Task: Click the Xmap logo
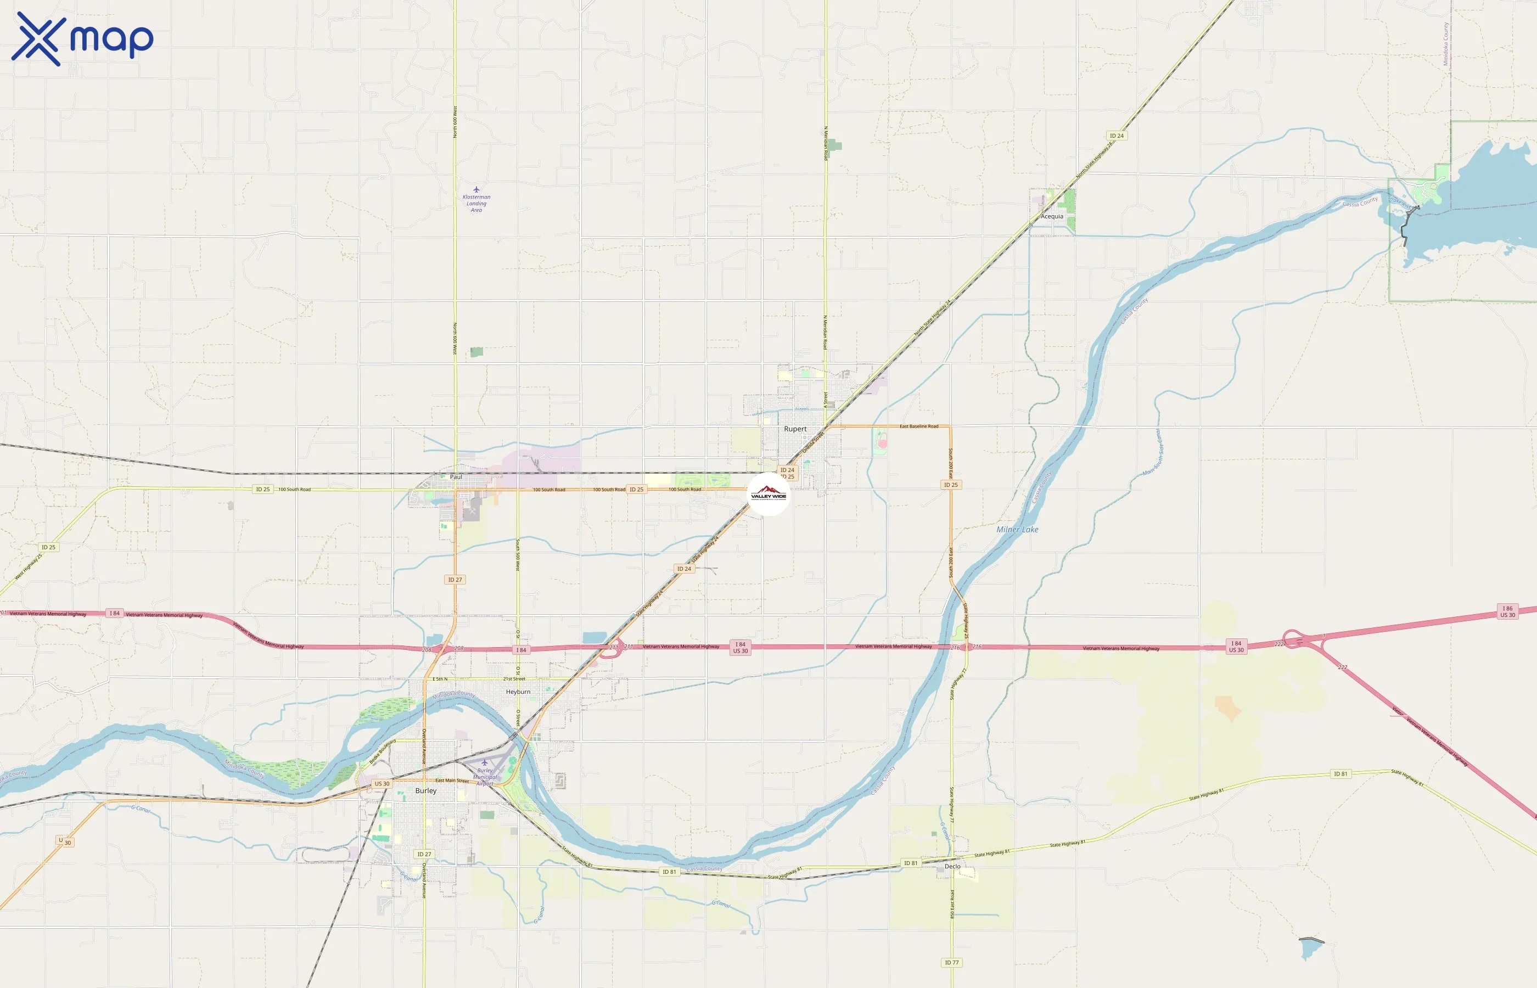(82, 39)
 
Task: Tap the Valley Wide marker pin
(768, 495)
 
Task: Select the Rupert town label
(795, 429)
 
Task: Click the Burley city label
(425, 790)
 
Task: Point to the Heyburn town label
(518, 692)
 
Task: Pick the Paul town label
(456, 476)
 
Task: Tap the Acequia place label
(1051, 216)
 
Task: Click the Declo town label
(952, 866)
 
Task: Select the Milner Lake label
(1017, 529)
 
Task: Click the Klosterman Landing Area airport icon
(476, 189)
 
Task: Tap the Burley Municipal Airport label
(485, 776)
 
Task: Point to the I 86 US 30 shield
(1507, 611)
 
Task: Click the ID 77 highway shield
(951, 962)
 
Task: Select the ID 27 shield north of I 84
(455, 579)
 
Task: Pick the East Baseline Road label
(918, 426)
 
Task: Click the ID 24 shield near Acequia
(1116, 136)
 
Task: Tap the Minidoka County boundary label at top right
(1445, 43)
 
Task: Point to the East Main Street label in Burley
(452, 781)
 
